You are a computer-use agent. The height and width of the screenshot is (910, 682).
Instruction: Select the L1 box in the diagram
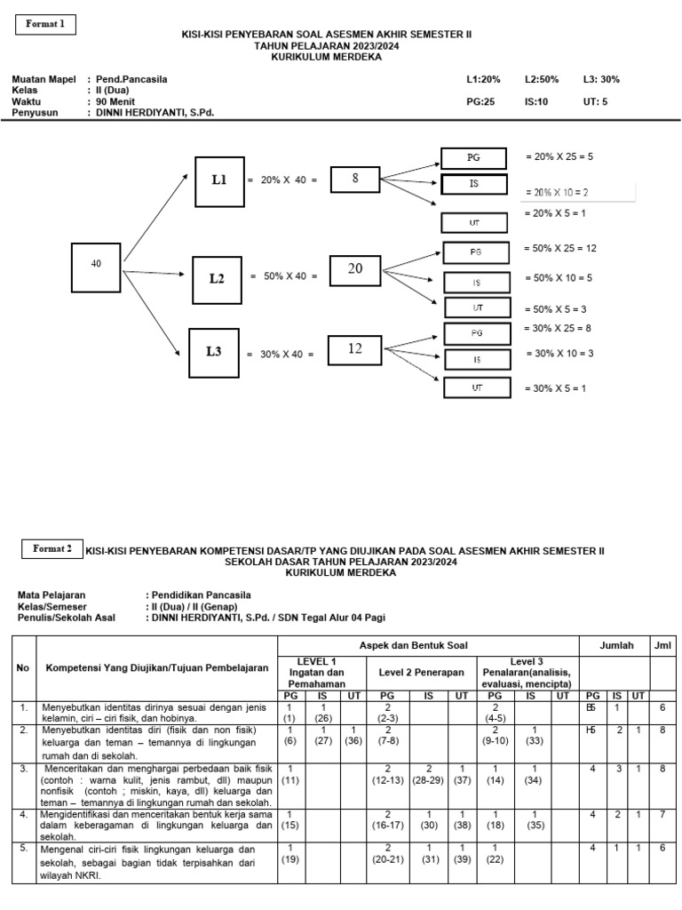[218, 180]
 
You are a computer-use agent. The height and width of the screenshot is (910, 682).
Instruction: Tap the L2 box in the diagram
[217, 278]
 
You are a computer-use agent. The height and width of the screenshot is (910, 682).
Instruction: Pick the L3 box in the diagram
[214, 351]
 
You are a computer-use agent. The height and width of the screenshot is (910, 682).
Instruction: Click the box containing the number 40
[95, 264]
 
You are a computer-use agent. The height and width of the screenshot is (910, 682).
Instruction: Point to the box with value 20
[355, 269]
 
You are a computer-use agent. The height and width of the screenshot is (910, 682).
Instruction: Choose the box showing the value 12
[355, 349]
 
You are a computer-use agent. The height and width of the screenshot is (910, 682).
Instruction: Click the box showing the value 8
[355, 179]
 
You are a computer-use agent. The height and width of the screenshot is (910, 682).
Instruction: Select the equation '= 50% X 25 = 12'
[561, 248]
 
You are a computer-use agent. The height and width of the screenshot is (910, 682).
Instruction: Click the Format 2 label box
[52, 549]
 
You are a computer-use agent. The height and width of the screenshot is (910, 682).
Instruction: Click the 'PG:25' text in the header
[480, 102]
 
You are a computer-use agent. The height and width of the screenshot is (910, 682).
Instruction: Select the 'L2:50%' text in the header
[542, 79]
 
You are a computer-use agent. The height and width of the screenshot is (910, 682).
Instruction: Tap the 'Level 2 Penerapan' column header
[422, 673]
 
